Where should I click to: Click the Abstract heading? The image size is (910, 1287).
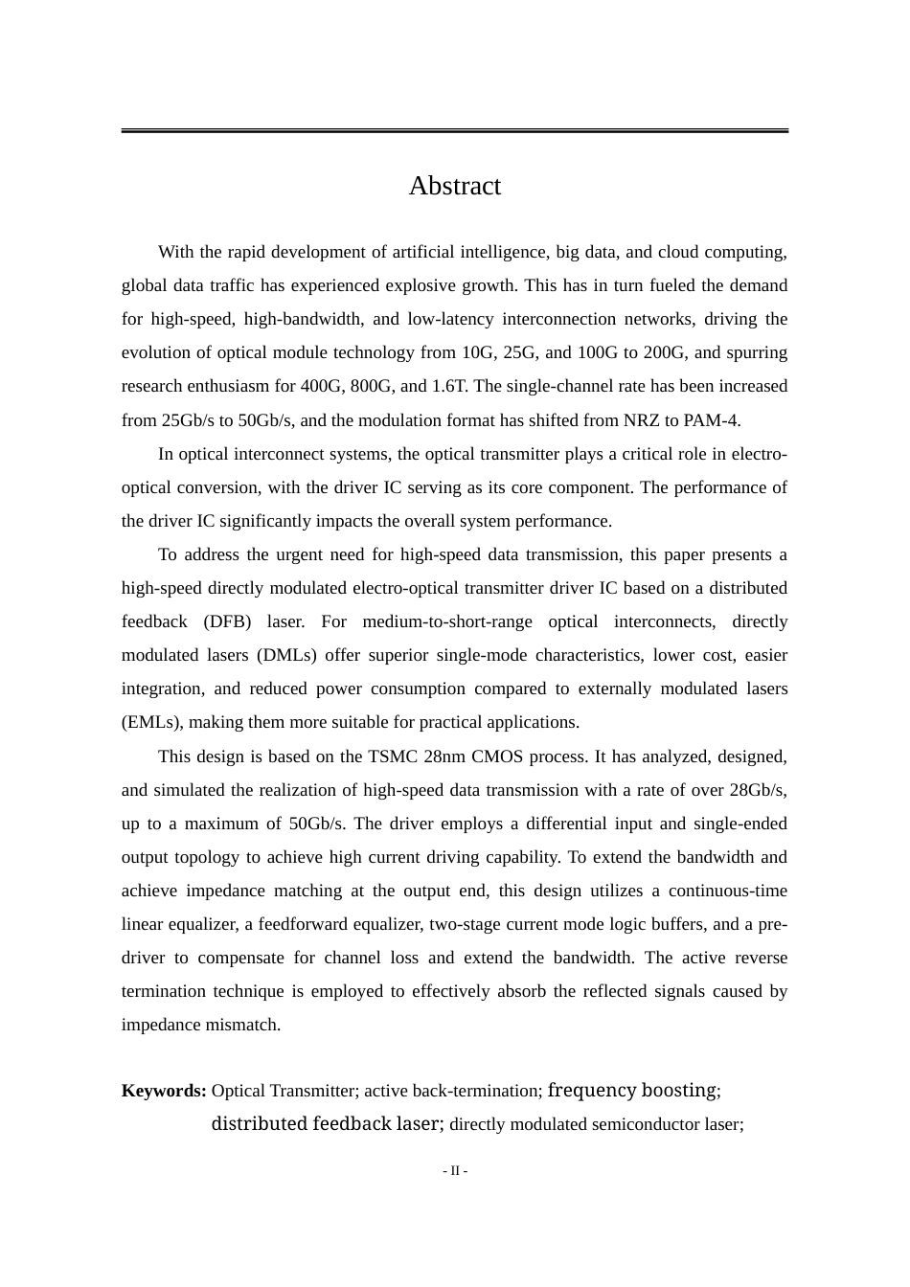click(x=454, y=186)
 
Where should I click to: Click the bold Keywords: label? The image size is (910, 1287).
click(x=164, y=1091)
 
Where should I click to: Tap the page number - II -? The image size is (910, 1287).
click(x=455, y=1171)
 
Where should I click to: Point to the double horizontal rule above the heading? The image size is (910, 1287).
click(x=454, y=130)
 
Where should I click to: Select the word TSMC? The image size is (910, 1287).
click(x=393, y=756)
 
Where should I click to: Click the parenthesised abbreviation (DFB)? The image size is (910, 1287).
click(x=227, y=622)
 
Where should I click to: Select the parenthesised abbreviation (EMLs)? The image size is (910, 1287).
click(x=145, y=723)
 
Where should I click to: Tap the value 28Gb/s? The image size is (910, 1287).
click(x=759, y=790)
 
